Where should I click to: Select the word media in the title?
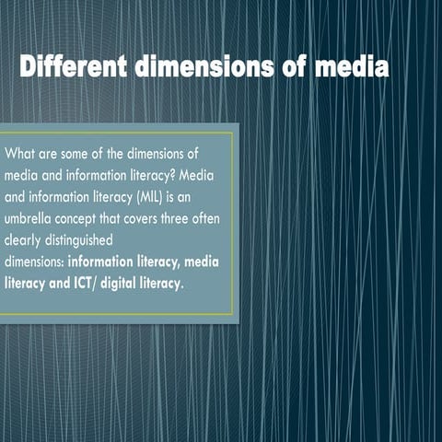(352, 69)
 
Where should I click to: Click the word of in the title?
(298, 69)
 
